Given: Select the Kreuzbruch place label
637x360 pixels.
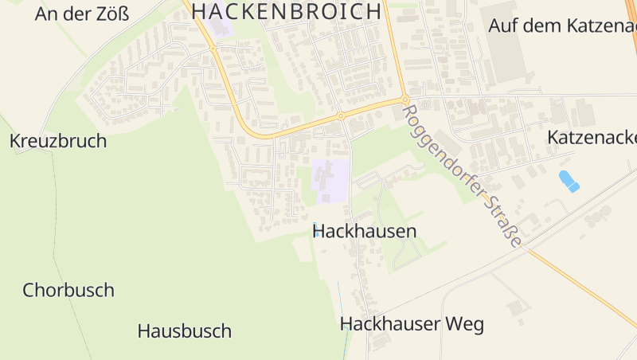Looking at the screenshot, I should pyautogui.click(x=58, y=141).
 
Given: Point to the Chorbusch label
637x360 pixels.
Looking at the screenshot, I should pyautogui.click(x=68, y=290).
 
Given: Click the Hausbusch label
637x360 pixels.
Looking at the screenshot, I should pyautogui.click(x=184, y=331).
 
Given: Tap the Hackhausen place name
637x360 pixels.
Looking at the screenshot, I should pyautogui.click(x=365, y=232).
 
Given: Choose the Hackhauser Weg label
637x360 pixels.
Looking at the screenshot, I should pyautogui.click(x=412, y=324).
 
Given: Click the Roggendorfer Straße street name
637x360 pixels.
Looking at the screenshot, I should pyautogui.click(x=463, y=178).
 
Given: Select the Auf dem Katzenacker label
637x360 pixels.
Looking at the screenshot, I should pyautogui.click(x=561, y=25).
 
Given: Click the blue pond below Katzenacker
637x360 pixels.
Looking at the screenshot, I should pyautogui.click(x=569, y=181).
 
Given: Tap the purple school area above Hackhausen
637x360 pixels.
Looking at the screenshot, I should pyautogui.click(x=331, y=180).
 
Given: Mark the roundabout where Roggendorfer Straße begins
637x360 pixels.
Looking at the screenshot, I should pyautogui.click(x=405, y=100).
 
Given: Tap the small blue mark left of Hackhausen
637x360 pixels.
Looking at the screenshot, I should pyautogui.click(x=316, y=233).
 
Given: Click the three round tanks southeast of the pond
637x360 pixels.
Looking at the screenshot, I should pyautogui.click(x=598, y=216).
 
